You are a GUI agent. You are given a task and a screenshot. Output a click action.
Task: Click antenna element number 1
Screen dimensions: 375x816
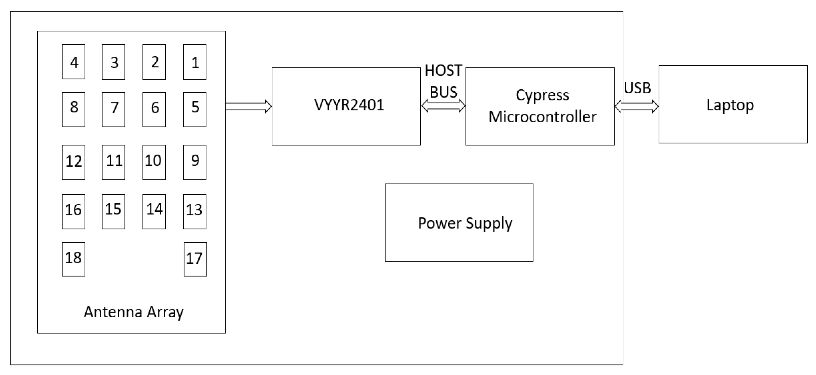[x=195, y=62]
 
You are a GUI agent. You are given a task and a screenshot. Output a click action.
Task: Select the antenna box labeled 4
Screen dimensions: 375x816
[x=74, y=62]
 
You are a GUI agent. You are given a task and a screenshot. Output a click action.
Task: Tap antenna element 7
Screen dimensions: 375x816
[x=113, y=109]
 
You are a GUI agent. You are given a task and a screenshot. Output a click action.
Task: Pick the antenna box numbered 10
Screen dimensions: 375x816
[x=154, y=162]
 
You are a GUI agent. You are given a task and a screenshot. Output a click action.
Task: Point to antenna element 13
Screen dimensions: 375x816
[x=195, y=212]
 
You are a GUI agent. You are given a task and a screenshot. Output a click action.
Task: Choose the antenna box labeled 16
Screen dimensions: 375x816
[x=74, y=212]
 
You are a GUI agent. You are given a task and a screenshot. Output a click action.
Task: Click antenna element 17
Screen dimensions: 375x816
[x=195, y=259]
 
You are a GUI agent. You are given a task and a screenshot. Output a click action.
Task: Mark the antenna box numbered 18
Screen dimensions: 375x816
[x=74, y=259]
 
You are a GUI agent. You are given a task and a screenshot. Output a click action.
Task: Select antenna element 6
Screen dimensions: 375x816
[x=154, y=109]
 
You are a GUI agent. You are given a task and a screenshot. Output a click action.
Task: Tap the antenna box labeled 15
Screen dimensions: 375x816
[x=113, y=212]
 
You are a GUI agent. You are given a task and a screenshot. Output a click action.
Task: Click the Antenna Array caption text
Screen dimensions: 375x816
[x=133, y=312]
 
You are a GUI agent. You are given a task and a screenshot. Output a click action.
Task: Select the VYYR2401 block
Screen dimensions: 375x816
[x=346, y=106]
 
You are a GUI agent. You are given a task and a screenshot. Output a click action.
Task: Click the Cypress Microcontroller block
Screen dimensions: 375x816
[x=540, y=106]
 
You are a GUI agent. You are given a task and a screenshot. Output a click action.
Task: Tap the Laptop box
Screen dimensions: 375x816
[x=733, y=104]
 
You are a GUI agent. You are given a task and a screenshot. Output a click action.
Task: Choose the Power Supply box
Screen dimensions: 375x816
[x=459, y=223]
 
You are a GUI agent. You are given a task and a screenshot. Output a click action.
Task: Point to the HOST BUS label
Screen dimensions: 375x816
[x=443, y=81]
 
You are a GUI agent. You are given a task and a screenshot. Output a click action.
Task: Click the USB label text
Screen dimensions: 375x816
[x=637, y=88]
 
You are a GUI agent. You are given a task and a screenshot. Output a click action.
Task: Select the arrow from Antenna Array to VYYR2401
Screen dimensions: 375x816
[x=248, y=106]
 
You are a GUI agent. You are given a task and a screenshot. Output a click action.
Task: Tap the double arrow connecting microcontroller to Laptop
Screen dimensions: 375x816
[x=636, y=106]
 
